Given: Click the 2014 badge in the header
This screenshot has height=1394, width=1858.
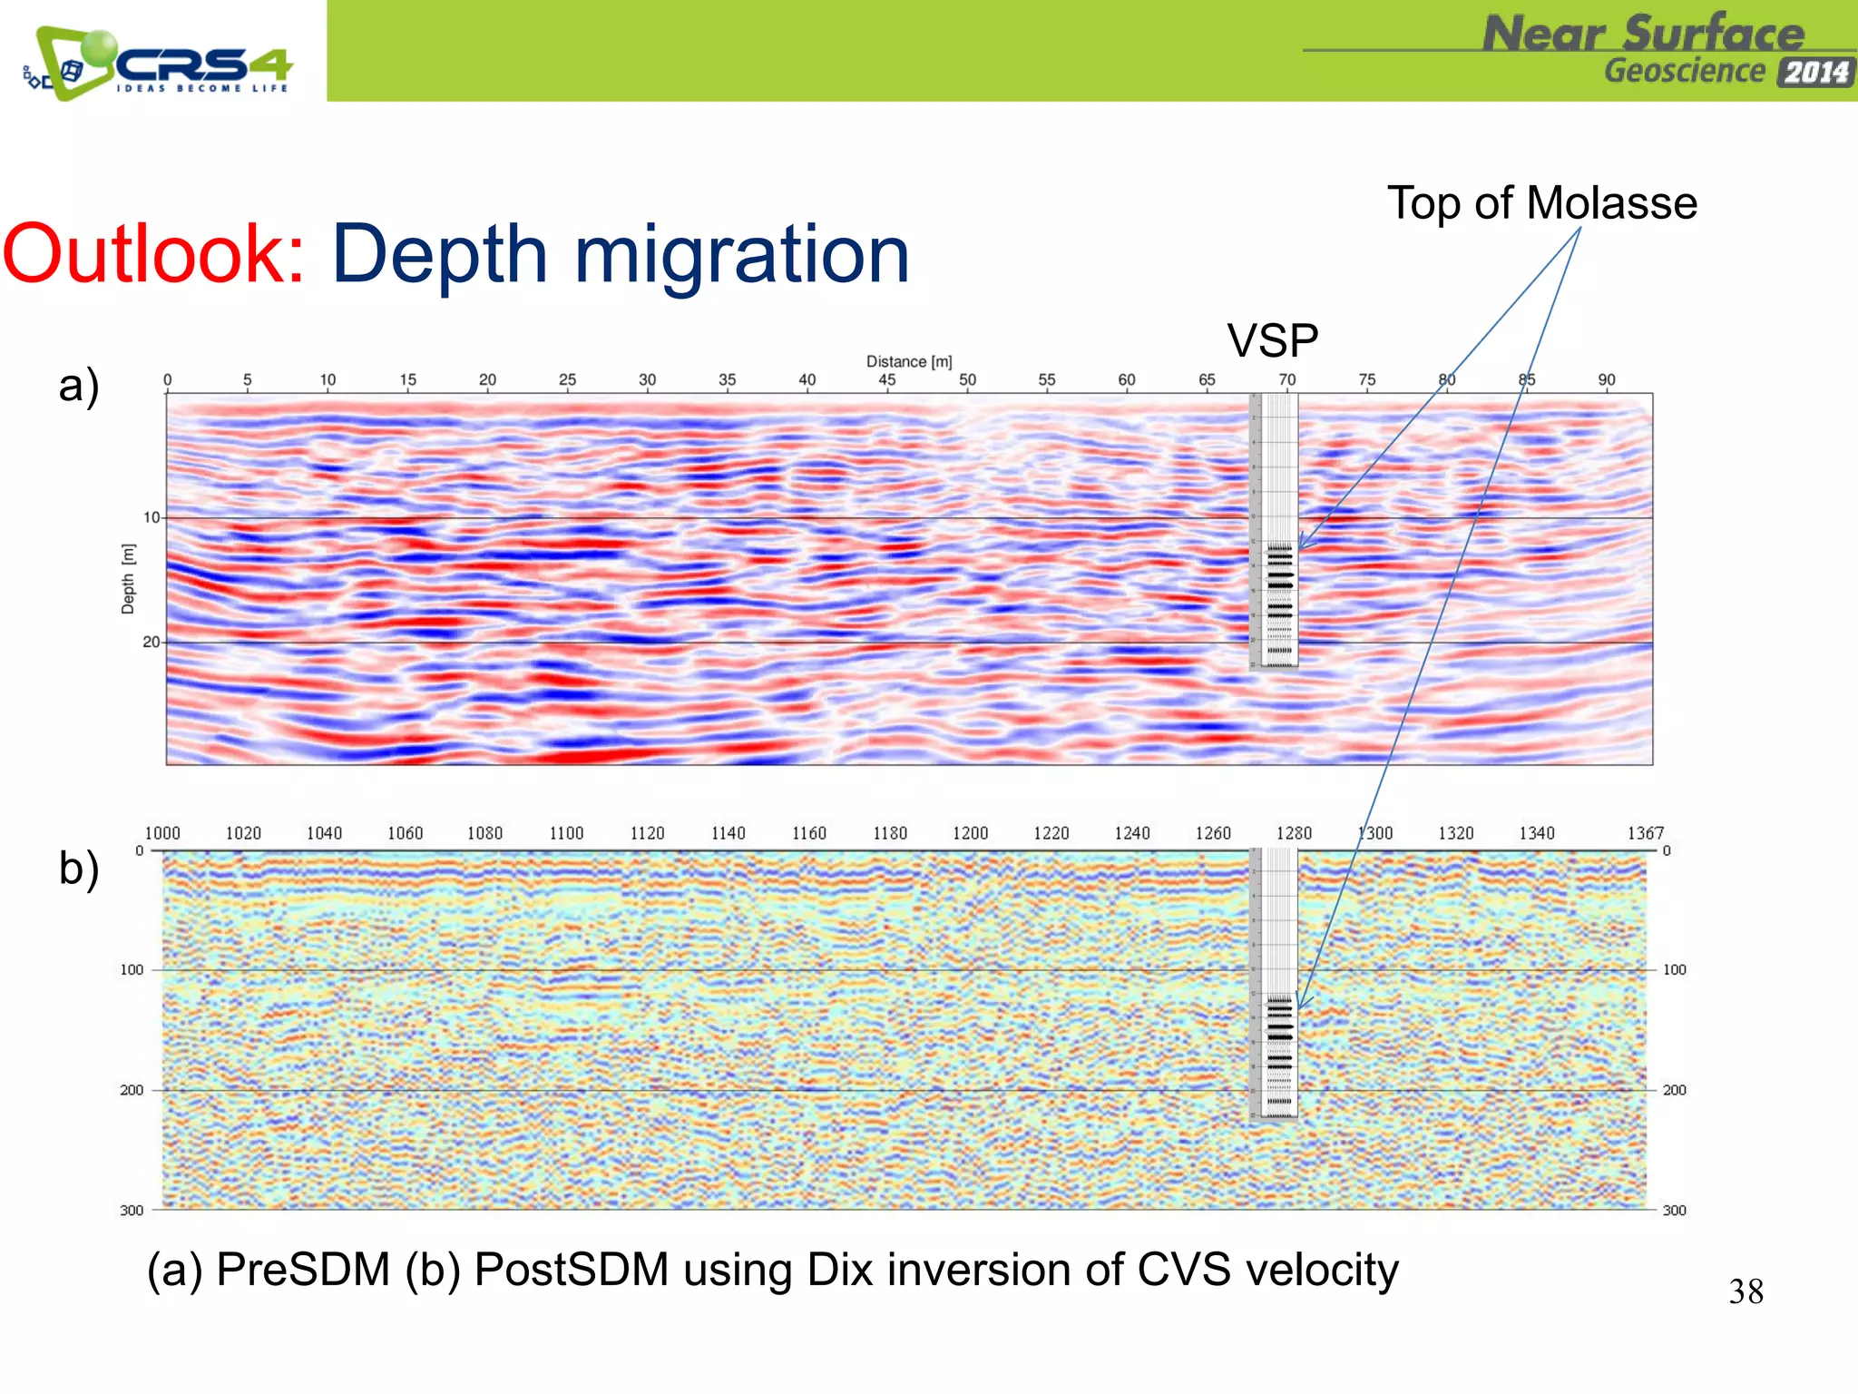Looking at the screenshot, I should [1815, 73].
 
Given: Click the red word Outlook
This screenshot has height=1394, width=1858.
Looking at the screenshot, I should [152, 254].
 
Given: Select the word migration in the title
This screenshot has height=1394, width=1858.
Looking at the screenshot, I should [741, 256].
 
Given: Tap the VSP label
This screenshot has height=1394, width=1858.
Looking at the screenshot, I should [1272, 341].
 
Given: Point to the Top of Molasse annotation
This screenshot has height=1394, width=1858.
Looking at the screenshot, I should [1541, 202].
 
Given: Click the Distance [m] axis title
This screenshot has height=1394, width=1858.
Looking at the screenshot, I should [908, 361].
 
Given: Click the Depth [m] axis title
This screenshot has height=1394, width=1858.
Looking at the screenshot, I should [128, 579].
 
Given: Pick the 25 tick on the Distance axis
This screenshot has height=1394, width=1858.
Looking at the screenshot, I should [567, 379].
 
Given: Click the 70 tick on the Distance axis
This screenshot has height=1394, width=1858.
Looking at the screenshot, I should [1286, 379].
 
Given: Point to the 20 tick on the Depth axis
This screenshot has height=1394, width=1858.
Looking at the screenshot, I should [151, 642].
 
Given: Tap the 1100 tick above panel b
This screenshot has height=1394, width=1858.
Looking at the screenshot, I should [566, 833].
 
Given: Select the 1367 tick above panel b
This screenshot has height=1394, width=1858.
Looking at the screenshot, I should [1645, 833].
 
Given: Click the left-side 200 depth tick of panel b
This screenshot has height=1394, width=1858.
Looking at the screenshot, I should [132, 1090].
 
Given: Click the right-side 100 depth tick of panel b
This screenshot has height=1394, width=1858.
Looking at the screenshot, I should [1674, 969].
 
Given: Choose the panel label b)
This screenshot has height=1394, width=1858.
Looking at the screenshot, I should [79, 868].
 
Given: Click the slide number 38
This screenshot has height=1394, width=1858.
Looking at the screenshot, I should [1746, 1291].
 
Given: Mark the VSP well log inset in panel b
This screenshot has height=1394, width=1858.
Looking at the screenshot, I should [1275, 985].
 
